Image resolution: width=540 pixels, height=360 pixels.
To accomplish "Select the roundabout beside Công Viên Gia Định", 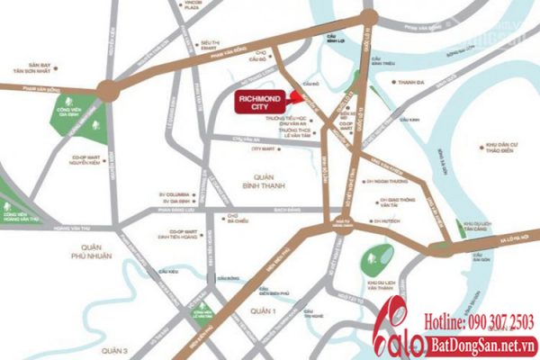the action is coord(109,89).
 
